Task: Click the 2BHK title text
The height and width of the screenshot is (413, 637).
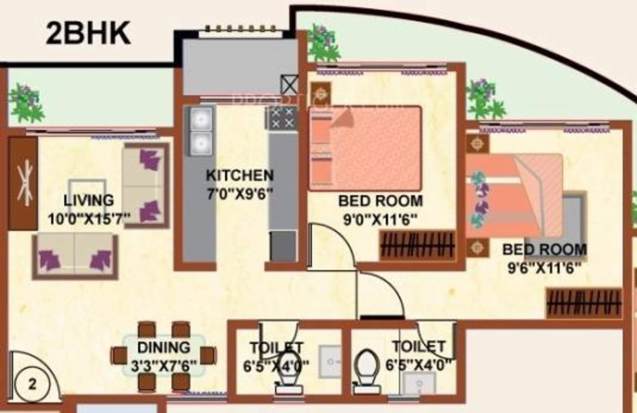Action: (x=88, y=33)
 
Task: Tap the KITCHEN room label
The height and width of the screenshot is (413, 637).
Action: (x=240, y=175)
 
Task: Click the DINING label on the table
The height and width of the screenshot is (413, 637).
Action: (x=164, y=347)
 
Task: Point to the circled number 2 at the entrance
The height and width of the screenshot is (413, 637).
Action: (x=33, y=384)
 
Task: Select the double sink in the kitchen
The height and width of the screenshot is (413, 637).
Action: (x=200, y=131)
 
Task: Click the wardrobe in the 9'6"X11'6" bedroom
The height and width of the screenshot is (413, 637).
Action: (x=584, y=303)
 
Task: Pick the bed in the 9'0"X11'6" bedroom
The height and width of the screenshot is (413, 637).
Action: (x=365, y=148)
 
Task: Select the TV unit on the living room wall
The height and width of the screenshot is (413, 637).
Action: (x=23, y=183)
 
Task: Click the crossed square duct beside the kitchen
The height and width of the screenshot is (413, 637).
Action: (x=289, y=85)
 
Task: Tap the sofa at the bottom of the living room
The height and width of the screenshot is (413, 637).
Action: (x=75, y=255)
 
